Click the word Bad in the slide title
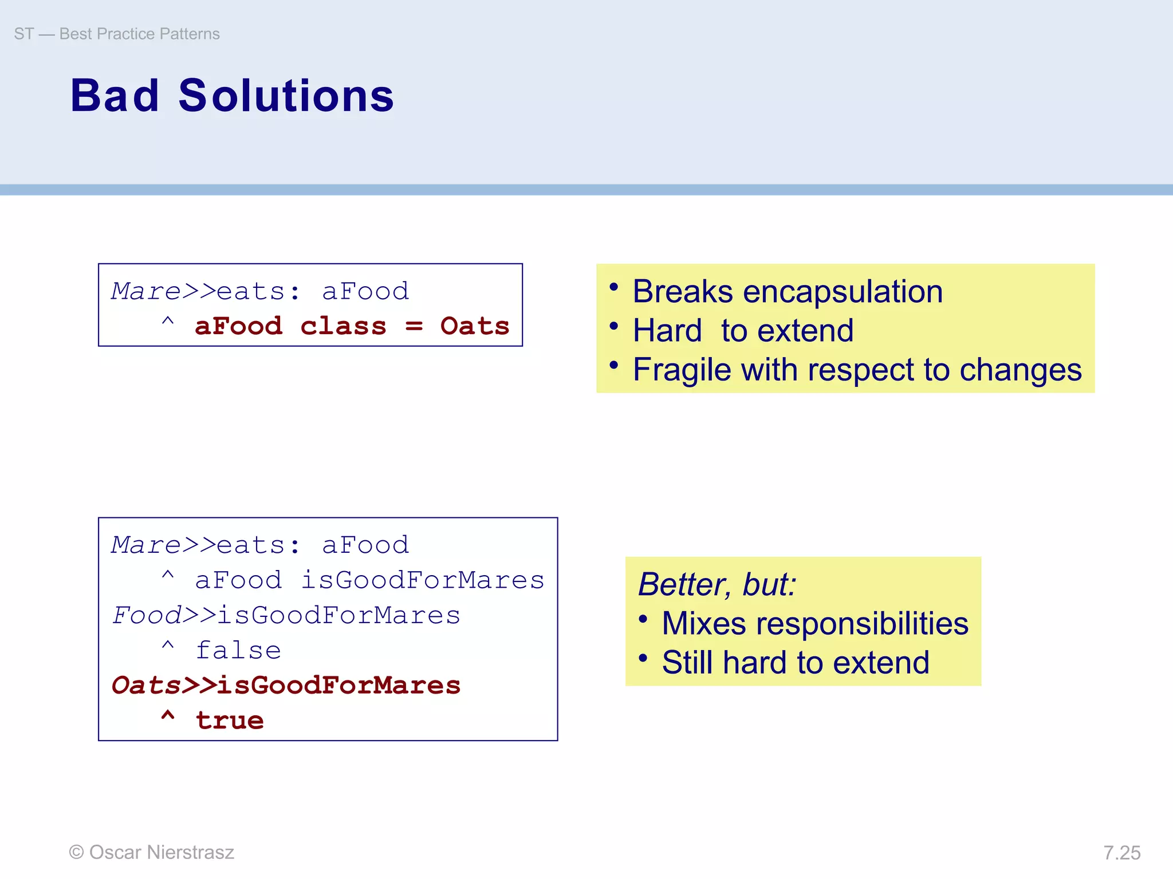click(115, 96)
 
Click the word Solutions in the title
click(286, 96)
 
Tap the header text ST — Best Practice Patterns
click(117, 34)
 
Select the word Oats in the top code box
click(474, 326)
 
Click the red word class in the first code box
click(343, 326)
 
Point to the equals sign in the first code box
click(414, 326)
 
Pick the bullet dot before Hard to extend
click(614, 326)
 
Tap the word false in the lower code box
click(238, 651)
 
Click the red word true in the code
click(230, 720)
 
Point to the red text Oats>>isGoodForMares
click(286, 686)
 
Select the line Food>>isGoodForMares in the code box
click(286, 616)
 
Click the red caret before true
click(168, 716)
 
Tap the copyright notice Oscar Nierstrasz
click(152, 852)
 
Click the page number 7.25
click(1121, 853)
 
